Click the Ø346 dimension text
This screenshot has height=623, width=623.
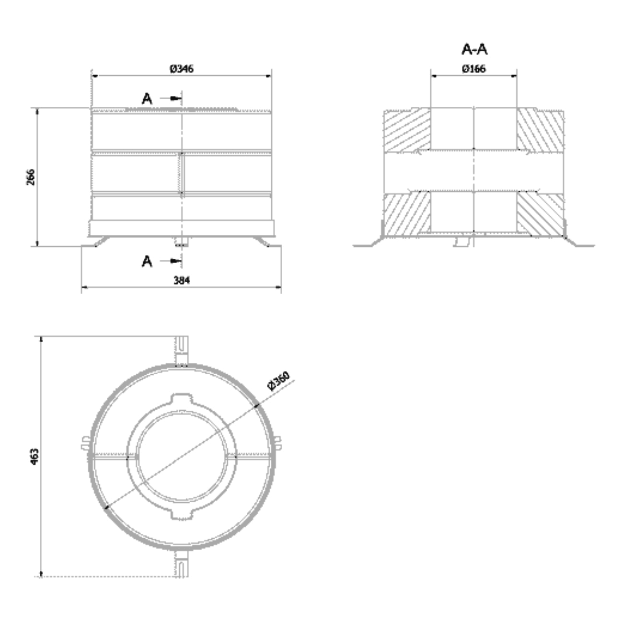182,69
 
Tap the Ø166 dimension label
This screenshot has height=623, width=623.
473,69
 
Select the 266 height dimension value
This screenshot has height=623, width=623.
31,177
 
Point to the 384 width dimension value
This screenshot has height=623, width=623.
182,280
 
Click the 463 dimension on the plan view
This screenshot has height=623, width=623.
35,457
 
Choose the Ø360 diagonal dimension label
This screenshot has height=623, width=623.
279,381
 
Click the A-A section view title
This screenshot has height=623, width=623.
474,49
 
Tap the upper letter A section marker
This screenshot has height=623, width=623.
147,98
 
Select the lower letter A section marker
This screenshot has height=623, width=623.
147,261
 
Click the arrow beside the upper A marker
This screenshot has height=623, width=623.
171,98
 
